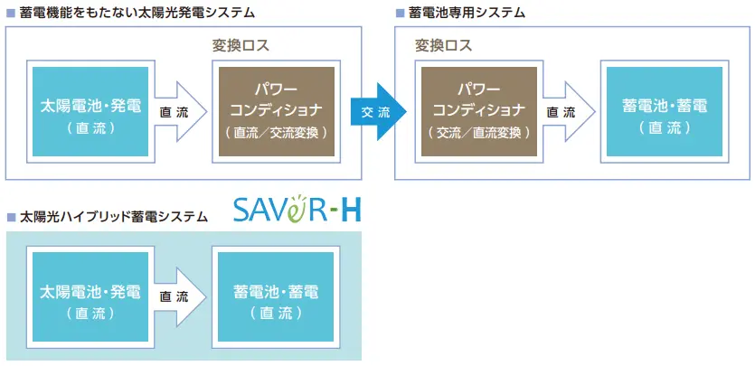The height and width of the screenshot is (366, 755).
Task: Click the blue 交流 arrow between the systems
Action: point(378,112)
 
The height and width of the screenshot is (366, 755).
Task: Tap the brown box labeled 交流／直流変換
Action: point(478,112)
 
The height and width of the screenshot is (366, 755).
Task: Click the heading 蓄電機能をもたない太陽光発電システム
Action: point(137,14)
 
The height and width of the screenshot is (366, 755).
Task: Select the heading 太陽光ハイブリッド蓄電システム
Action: point(113,217)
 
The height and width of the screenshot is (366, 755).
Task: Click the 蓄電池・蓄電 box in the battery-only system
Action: point(665,112)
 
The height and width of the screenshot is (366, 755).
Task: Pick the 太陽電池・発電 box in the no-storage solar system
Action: point(90,112)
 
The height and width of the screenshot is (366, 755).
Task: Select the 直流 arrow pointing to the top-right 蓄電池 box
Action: point(567,112)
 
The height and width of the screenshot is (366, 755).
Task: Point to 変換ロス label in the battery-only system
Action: point(443,45)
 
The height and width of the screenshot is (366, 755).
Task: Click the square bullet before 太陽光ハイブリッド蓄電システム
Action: point(11,218)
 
